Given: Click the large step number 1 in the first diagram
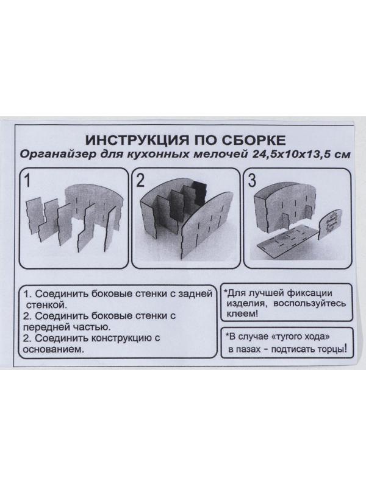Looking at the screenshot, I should (27, 181).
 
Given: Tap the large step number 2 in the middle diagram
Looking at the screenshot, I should (140, 181).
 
